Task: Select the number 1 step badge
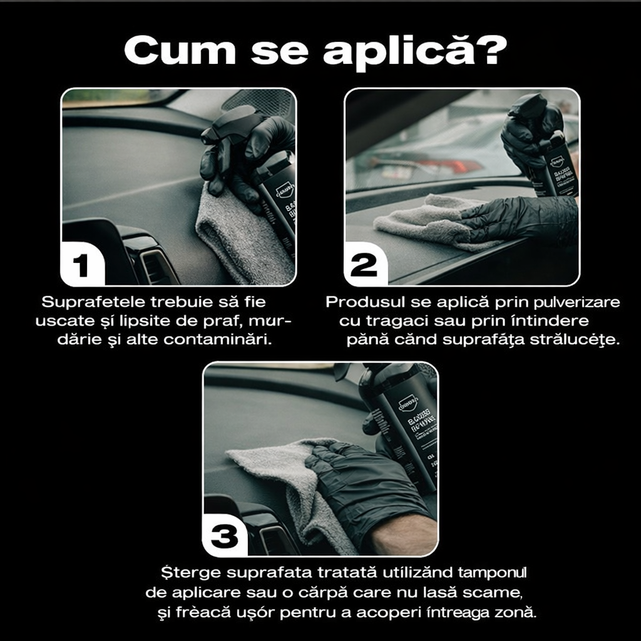81,265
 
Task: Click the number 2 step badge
364,265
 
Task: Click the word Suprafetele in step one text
92,302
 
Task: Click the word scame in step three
498,592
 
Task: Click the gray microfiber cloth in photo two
426,219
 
